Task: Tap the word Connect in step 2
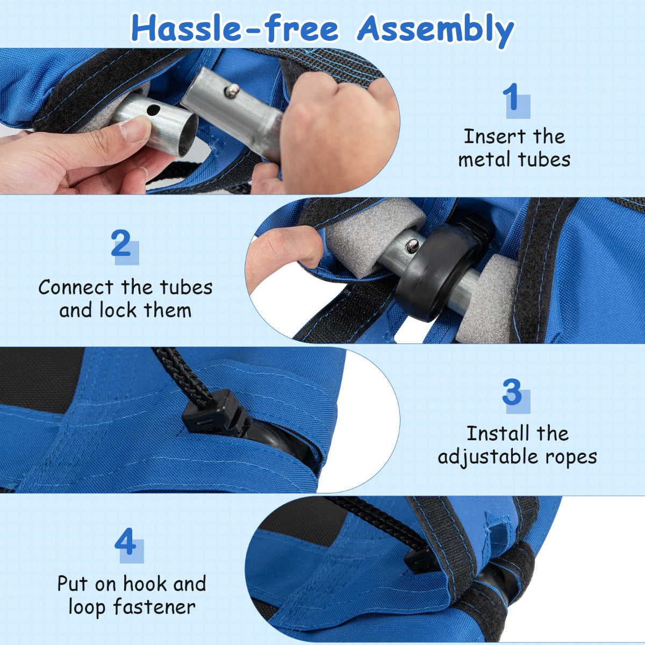coord(76,288)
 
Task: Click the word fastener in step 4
coord(154,606)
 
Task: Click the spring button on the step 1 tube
coord(232,90)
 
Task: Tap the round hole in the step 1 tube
coord(154,109)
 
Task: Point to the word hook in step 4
coord(146,584)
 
